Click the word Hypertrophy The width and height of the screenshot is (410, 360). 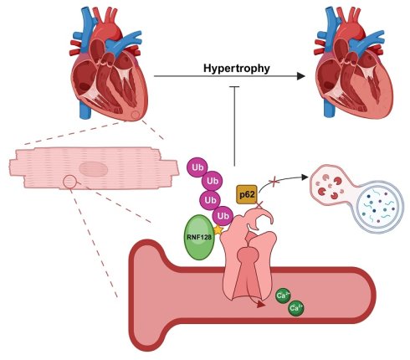point(237,69)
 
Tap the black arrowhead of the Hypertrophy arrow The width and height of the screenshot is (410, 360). point(301,76)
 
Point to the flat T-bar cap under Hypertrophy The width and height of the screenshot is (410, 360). point(234,87)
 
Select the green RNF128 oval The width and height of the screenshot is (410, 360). point(199,237)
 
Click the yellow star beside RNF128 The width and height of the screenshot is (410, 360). point(218,230)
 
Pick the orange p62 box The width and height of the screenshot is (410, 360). point(247,194)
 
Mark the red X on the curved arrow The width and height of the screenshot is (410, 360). point(274,182)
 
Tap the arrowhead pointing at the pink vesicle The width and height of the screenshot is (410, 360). point(305,177)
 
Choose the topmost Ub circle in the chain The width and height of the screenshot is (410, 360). point(197,167)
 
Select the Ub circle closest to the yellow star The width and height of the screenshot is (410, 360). point(223,216)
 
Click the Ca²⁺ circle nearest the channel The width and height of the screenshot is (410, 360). point(283,296)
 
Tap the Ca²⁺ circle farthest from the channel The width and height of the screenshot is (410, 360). point(296,308)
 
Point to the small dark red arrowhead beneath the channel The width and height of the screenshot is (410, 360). point(261,305)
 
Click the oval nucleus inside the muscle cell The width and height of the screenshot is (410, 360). point(94,169)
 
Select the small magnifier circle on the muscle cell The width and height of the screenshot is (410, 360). point(69,183)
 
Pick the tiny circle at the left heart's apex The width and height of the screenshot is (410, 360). point(136,115)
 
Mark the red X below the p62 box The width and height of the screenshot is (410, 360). point(259,205)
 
